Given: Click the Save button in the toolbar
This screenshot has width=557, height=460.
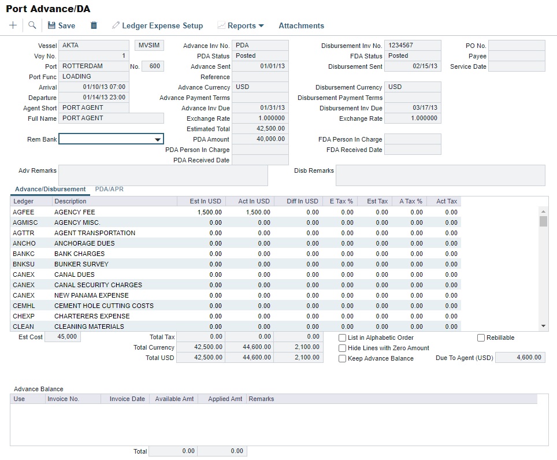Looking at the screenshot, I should point(61,25).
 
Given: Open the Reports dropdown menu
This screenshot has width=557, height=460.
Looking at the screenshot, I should point(240,25).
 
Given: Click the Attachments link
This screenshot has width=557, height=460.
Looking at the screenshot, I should point(301,25).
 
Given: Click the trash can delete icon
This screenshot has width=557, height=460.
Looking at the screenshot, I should point(94,25).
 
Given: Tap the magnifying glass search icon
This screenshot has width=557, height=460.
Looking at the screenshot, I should point(32,25).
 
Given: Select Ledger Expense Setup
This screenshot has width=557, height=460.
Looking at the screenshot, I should point(158,25).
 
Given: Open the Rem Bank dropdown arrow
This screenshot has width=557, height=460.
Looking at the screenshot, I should point(157,139).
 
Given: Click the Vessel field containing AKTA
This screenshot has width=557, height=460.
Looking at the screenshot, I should point(94,45).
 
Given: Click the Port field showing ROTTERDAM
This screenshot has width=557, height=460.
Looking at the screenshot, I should point(94,66).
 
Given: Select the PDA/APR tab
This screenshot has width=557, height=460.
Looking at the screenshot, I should point(109,189).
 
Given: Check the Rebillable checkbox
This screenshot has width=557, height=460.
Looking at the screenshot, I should point(481,337).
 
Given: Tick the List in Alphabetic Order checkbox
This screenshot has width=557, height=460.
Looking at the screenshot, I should point(343,337).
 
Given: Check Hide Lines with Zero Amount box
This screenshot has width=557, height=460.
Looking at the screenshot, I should point(343,348).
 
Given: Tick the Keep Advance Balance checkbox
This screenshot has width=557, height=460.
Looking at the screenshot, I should point(343,358).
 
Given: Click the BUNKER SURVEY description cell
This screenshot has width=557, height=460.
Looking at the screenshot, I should point(81,264).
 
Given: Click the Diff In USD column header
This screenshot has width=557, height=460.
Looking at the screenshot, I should point(302,201).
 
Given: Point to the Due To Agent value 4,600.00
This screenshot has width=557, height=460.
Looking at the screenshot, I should point(520,358).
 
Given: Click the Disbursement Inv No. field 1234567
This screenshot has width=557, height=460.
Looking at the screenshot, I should point(413,45).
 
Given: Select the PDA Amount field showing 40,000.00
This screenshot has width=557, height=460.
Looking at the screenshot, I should point(260,139).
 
